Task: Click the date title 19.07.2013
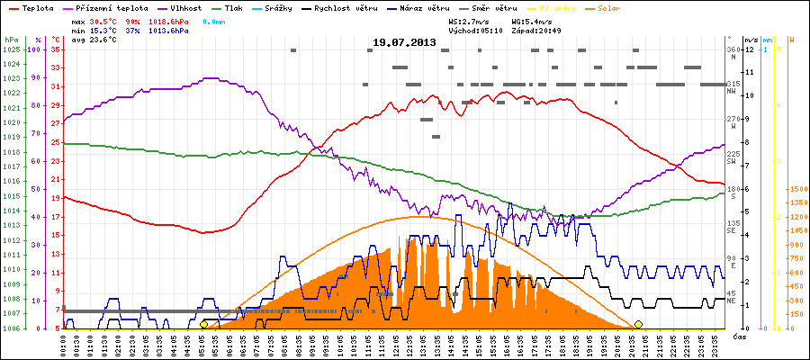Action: [x=404, y=42]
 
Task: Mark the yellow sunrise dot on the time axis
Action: [x=204, y=324]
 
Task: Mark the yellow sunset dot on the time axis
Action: [x=638, y=324]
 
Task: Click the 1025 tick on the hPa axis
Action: [x=11, y=49]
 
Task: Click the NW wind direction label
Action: [x=733, y=89]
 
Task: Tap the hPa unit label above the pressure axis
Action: [x=10, y=40]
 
